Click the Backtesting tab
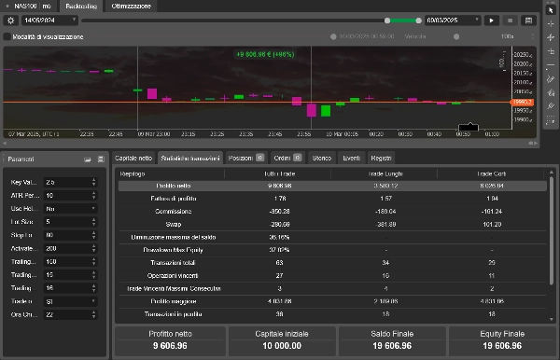click(x=80, y=6)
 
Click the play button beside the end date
click(x=493, y=20)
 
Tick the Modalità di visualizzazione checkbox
click(x=8, y=36)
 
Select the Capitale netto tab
click(x=133, y=158)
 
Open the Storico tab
click(x=321, y=158)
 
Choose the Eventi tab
click(x=351, y=158)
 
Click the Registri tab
click(x=381, y=158)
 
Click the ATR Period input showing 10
click(x=67, y=195)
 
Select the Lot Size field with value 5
click(x=67, y=222)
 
